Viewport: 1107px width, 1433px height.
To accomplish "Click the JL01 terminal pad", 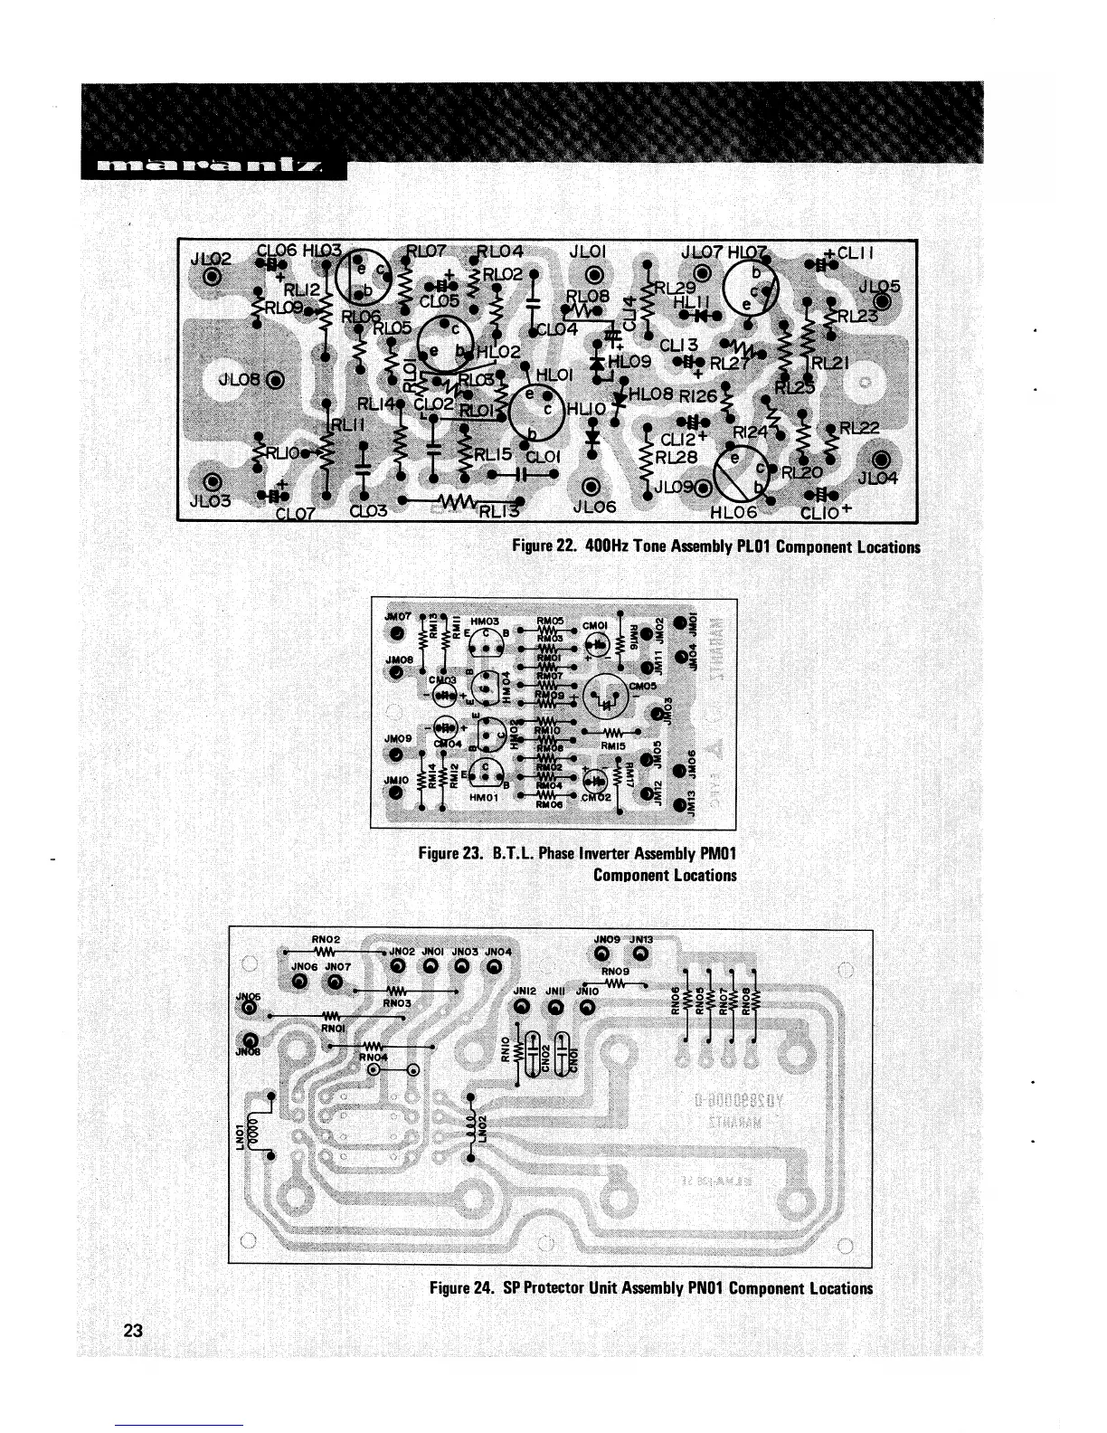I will coord(593,275).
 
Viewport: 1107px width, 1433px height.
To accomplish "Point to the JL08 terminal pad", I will coord(275,379).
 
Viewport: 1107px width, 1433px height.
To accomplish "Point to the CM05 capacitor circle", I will coord(606,696).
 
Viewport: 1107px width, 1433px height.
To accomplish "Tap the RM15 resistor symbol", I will coord(612,731).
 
